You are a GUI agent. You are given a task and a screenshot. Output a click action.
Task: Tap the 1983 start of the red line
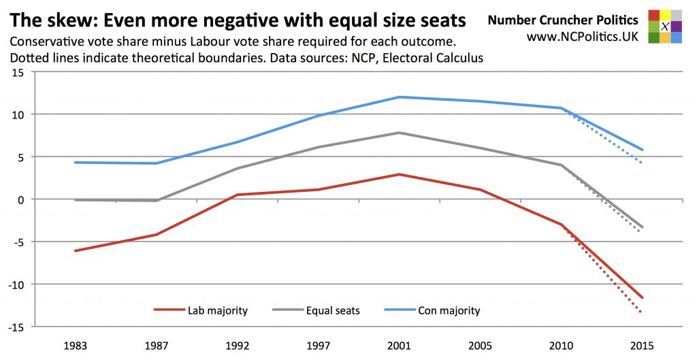(76, 251)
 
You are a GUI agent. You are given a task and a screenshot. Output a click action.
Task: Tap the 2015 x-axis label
(641, 345)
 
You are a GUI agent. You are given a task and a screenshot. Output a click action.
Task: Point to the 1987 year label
(157, 345)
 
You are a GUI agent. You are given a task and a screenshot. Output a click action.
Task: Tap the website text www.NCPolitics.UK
(583, 36)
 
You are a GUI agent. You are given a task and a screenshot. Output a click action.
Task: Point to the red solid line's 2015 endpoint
(641, 297)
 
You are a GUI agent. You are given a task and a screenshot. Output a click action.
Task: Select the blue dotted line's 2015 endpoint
(641, 163)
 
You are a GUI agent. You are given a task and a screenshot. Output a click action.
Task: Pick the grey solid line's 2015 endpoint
(641, 227)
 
